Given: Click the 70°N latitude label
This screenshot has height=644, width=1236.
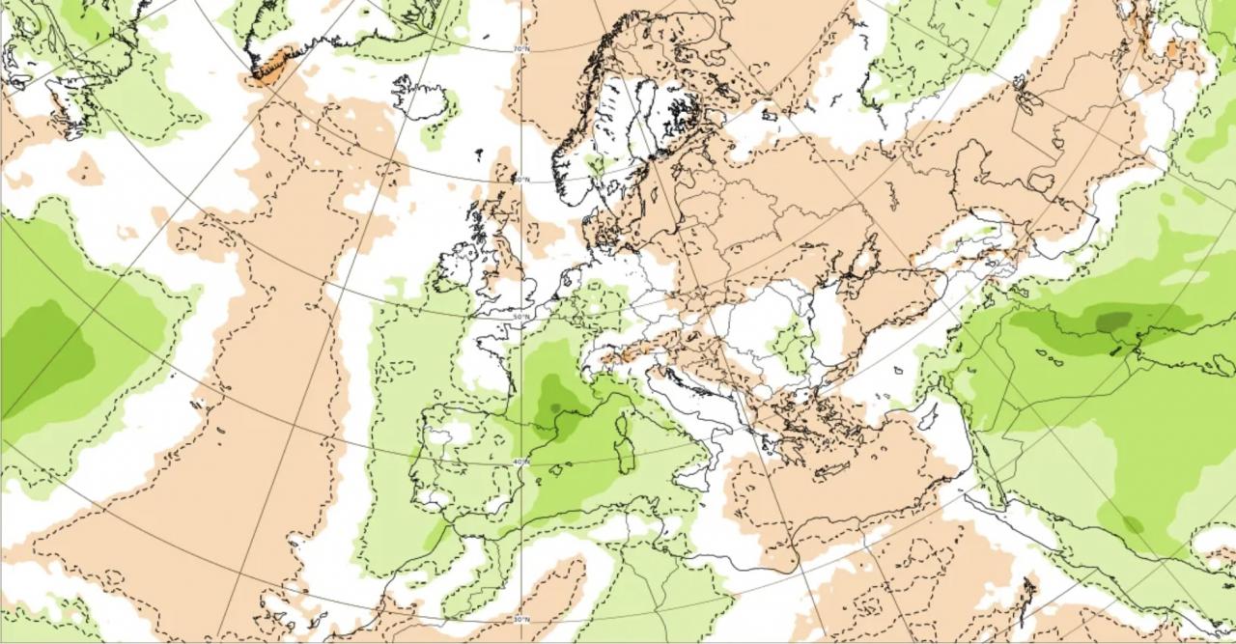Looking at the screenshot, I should [521, 47].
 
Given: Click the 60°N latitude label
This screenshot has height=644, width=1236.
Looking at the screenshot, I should [521, 180].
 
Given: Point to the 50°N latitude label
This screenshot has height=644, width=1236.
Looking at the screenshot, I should [521, 316].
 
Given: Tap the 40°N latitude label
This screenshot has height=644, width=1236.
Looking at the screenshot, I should [521, 462].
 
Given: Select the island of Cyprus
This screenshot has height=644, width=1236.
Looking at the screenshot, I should [928, 416].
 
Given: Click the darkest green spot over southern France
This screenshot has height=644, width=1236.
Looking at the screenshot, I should [554, 407].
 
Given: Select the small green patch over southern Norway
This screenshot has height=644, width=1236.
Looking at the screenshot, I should [597, 165].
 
